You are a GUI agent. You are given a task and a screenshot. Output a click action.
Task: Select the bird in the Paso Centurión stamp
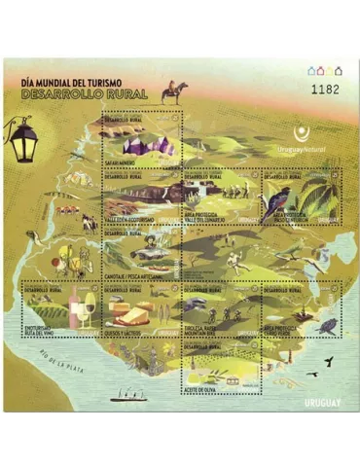[276, 202]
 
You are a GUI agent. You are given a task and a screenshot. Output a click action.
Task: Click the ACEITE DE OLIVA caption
[201, 390]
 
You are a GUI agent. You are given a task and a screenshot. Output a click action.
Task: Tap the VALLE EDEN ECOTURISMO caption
[131, 221]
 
